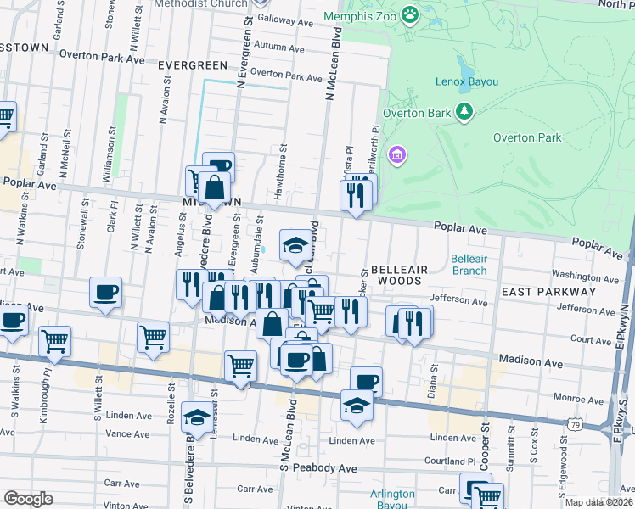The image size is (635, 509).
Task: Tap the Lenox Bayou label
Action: point(465,81)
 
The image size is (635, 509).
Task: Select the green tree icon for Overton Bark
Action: point(464,112)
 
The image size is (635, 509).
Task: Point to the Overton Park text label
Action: point(526,137)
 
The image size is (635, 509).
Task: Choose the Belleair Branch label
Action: point(469,265)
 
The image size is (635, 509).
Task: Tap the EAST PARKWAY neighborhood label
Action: point(548,291)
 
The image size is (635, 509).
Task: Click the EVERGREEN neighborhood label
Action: point(193,65)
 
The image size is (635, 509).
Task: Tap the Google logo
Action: point(28,499)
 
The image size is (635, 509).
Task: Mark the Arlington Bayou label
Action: point(392,499)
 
